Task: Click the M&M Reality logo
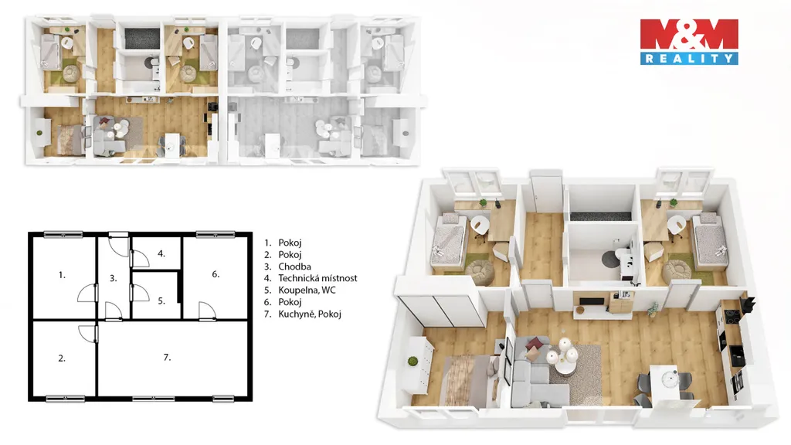coord(689,42)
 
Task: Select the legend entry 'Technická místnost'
coord(317,278)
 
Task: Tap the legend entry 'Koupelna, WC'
coord(307,290)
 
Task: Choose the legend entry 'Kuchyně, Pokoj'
coord(310,314)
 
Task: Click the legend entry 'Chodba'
coord(294,267)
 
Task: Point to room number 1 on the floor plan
coord(62,275)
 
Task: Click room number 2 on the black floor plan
coord(62,358)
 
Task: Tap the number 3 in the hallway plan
coord(113,278)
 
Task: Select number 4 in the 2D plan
coord(161,253)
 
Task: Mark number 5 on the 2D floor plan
coord(161,301)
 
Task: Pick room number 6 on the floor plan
coord(216,274)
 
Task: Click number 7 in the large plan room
coord(167,357)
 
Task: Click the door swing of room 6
coord(207,311)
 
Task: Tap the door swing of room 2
coord(87,334)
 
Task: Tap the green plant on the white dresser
coord(412,362)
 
